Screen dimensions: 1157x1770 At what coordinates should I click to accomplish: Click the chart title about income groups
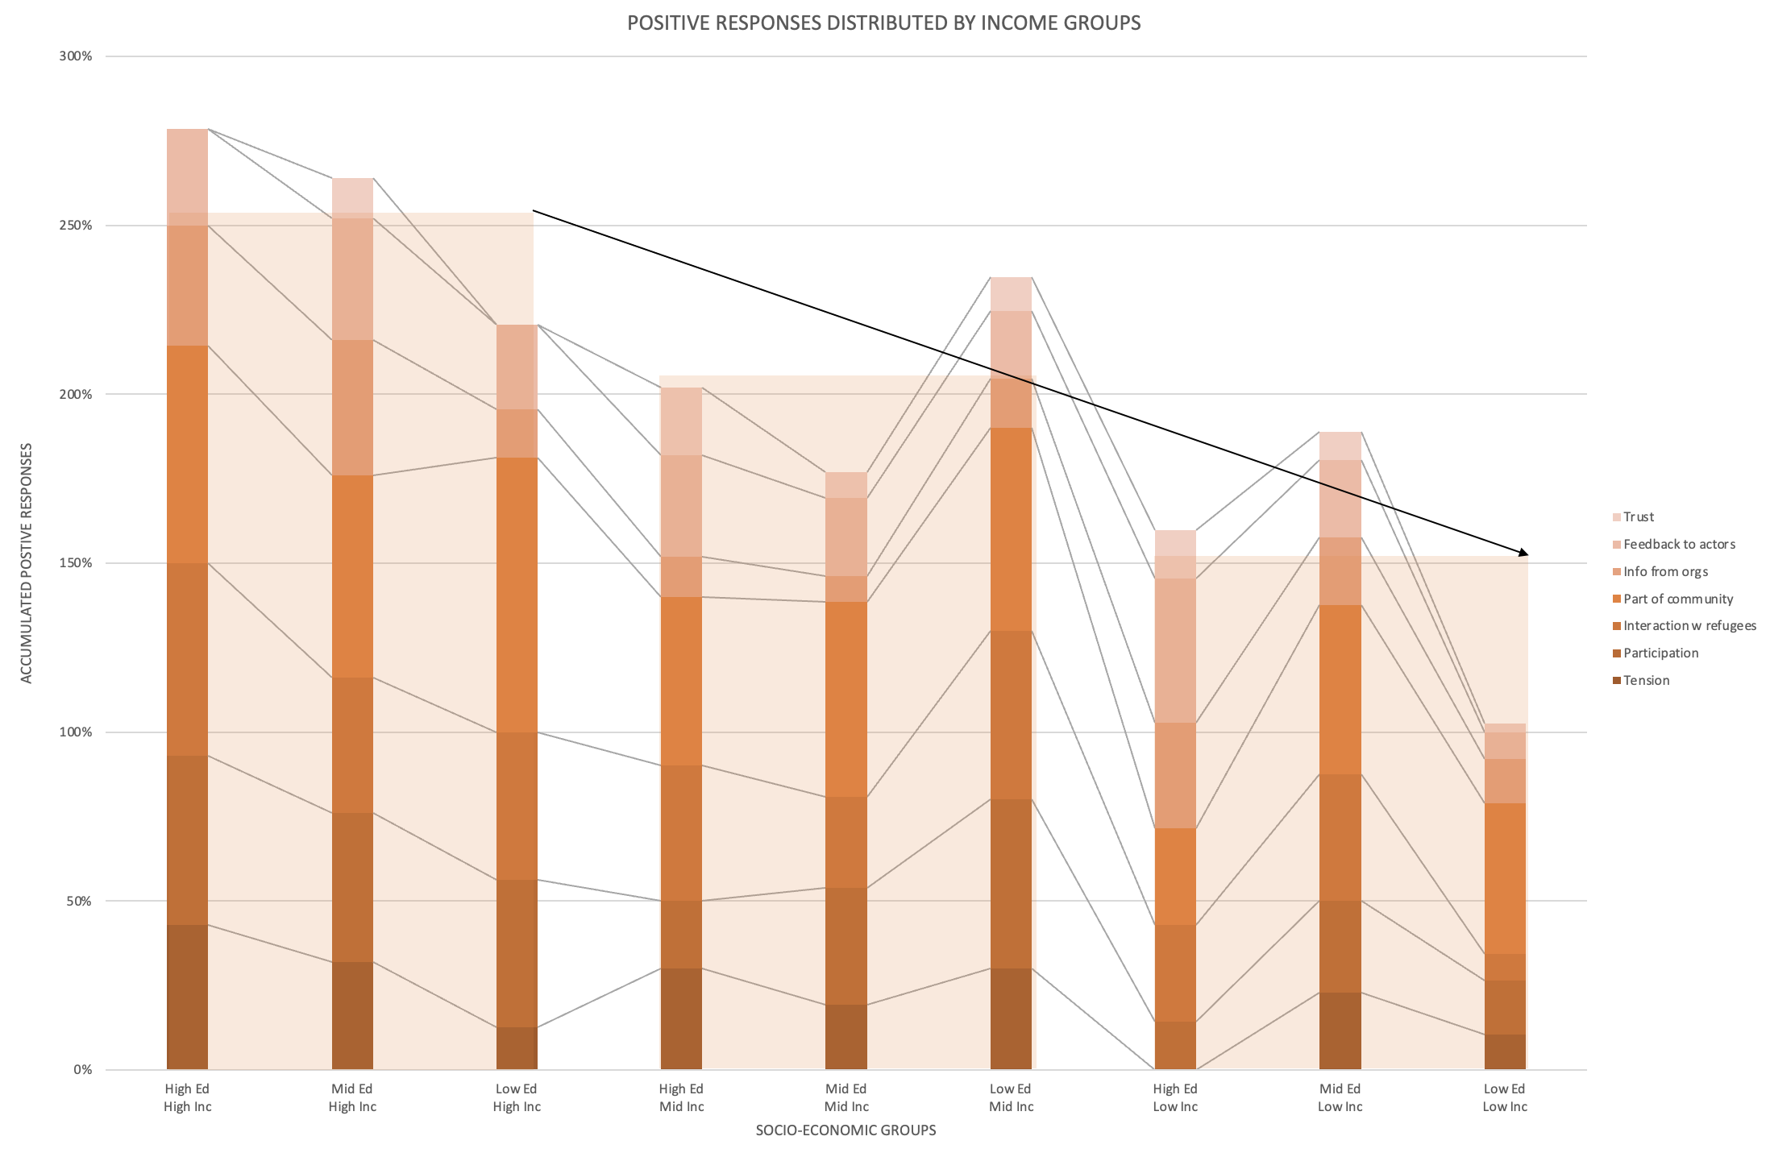[x=883, y=23]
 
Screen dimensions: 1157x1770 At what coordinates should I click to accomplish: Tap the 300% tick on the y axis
[x=76, y=56]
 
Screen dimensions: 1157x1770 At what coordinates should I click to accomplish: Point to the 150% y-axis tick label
[x=76, y=563]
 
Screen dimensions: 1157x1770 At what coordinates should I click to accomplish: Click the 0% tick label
[x=82, y=1070]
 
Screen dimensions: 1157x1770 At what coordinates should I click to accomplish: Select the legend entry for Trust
[x=1638, y=517]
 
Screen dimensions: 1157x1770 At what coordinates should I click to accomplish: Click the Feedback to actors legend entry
[x=1679, y=545]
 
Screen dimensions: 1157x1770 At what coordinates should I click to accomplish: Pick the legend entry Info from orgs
[x=1665, y=572]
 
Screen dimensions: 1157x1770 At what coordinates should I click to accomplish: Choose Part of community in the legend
[x=1677, y=599]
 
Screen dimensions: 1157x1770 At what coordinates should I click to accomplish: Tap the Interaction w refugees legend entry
[x=1689, y=626]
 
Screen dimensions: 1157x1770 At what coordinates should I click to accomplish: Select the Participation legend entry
[x=1660, y=653]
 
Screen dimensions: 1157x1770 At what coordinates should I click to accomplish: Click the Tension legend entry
[x=1646, y=681]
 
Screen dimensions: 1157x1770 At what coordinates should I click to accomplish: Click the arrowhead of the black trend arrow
[x=1524, y=554]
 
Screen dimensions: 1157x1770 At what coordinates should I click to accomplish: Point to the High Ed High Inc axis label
[x=187, y=1097]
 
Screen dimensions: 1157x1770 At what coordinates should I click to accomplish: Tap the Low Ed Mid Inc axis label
[x=1011, y=1097]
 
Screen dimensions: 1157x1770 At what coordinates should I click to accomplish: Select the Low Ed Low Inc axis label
[x=1505, y=1097]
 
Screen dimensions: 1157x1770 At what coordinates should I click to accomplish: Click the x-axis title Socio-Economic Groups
[x=846, y=1130]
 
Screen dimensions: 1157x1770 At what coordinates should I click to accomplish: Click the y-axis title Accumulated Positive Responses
[x=27, y=563]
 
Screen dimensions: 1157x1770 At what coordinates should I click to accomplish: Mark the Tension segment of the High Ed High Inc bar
[x=187, y=997]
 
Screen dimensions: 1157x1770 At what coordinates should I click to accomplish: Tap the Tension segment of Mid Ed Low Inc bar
[x=1340, y=1031]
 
